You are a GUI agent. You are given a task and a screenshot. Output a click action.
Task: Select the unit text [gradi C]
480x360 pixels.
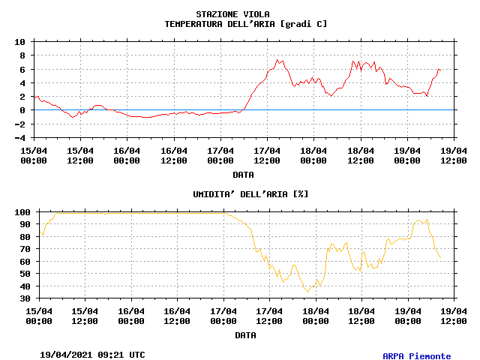tap(303, 24)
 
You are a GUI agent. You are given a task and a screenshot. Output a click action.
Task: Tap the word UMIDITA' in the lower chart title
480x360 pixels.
tap(216, 194)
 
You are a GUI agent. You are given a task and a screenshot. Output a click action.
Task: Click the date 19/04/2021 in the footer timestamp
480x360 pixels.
tap(66, 355)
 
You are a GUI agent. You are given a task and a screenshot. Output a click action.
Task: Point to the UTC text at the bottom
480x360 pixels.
tap(137, 355)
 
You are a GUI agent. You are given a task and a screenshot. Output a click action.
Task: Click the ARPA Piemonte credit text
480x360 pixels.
tap(417, 356)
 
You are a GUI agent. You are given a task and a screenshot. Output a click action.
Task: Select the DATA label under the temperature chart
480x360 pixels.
tap(243, 175)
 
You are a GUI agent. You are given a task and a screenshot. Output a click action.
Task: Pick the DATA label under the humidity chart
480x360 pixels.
tap(245, 335)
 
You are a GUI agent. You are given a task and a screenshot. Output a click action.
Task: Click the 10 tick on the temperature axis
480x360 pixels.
tap(20, 42)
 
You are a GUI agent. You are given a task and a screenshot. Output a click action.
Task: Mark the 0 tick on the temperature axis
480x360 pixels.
tap(23, 110)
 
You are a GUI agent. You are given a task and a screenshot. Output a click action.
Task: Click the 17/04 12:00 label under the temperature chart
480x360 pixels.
tap(267, 155)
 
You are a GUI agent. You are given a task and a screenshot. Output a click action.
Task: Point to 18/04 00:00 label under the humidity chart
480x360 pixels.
tap(316, 316)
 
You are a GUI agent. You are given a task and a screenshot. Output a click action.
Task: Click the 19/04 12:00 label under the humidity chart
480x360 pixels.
tap(454, 316)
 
